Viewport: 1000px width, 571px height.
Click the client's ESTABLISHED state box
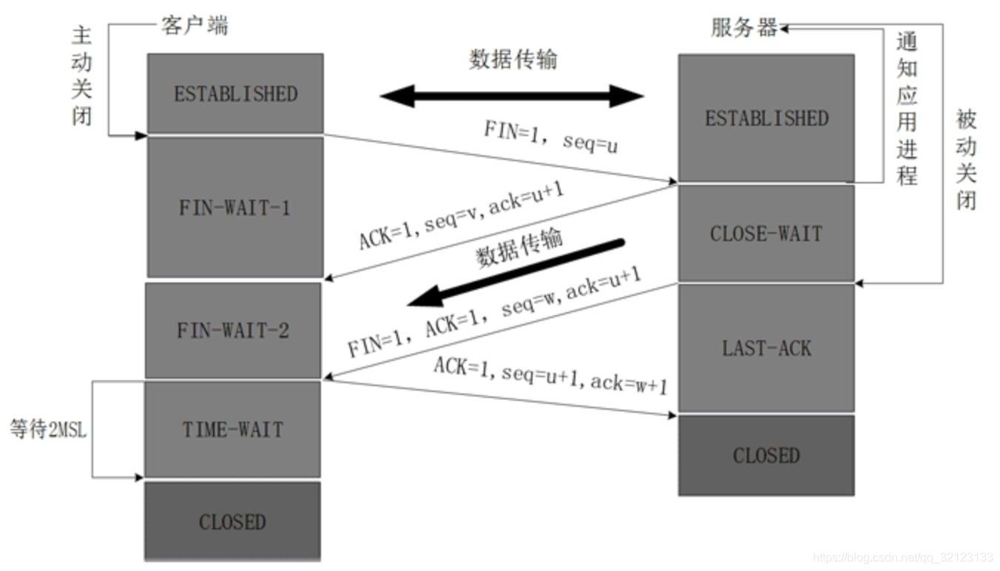tap(235, 93)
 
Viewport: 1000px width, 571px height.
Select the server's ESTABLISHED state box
tap(766, 118)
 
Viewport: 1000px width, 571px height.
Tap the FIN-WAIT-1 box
tap(235, 207)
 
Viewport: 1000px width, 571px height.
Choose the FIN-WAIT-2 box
tap(233, 330)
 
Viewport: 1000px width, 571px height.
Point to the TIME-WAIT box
tap(233, 430)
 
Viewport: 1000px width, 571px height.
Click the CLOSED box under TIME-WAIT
tap(232, 521)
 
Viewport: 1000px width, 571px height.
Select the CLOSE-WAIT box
tap(766, 234)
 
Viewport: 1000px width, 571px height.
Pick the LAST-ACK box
tap(766, 348)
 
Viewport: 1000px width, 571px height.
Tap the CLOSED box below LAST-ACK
tap(766, 455)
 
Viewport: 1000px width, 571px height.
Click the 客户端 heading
tap(195, 25)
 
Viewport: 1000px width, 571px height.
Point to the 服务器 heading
tap(744, 27)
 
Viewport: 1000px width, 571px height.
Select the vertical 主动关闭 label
tap(82, 75)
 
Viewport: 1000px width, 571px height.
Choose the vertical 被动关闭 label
tap(966, 159)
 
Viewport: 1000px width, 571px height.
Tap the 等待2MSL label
tap(48, 430)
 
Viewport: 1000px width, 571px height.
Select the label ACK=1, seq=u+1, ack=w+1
tap(551, 375)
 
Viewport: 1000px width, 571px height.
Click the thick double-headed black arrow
tap(512, 95)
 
